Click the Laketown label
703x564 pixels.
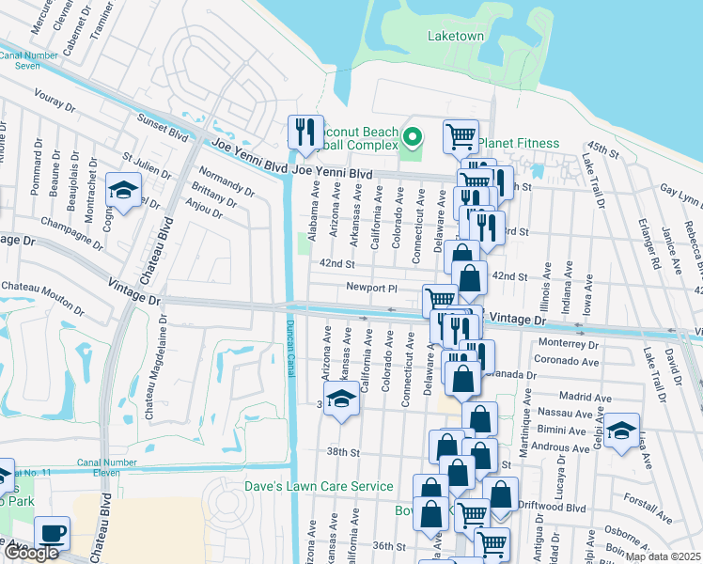[456, 36]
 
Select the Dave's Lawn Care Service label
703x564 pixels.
[319, 486]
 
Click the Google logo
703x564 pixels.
[31, 554]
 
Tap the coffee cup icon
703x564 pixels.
[52, 532]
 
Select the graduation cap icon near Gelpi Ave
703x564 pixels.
[621, 431]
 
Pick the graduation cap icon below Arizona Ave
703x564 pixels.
[342, 399]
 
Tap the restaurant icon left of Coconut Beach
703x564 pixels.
[305, 133]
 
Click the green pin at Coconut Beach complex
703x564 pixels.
[412, 139]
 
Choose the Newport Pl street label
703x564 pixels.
[373, 288]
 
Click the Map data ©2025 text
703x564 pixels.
[662, 556]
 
